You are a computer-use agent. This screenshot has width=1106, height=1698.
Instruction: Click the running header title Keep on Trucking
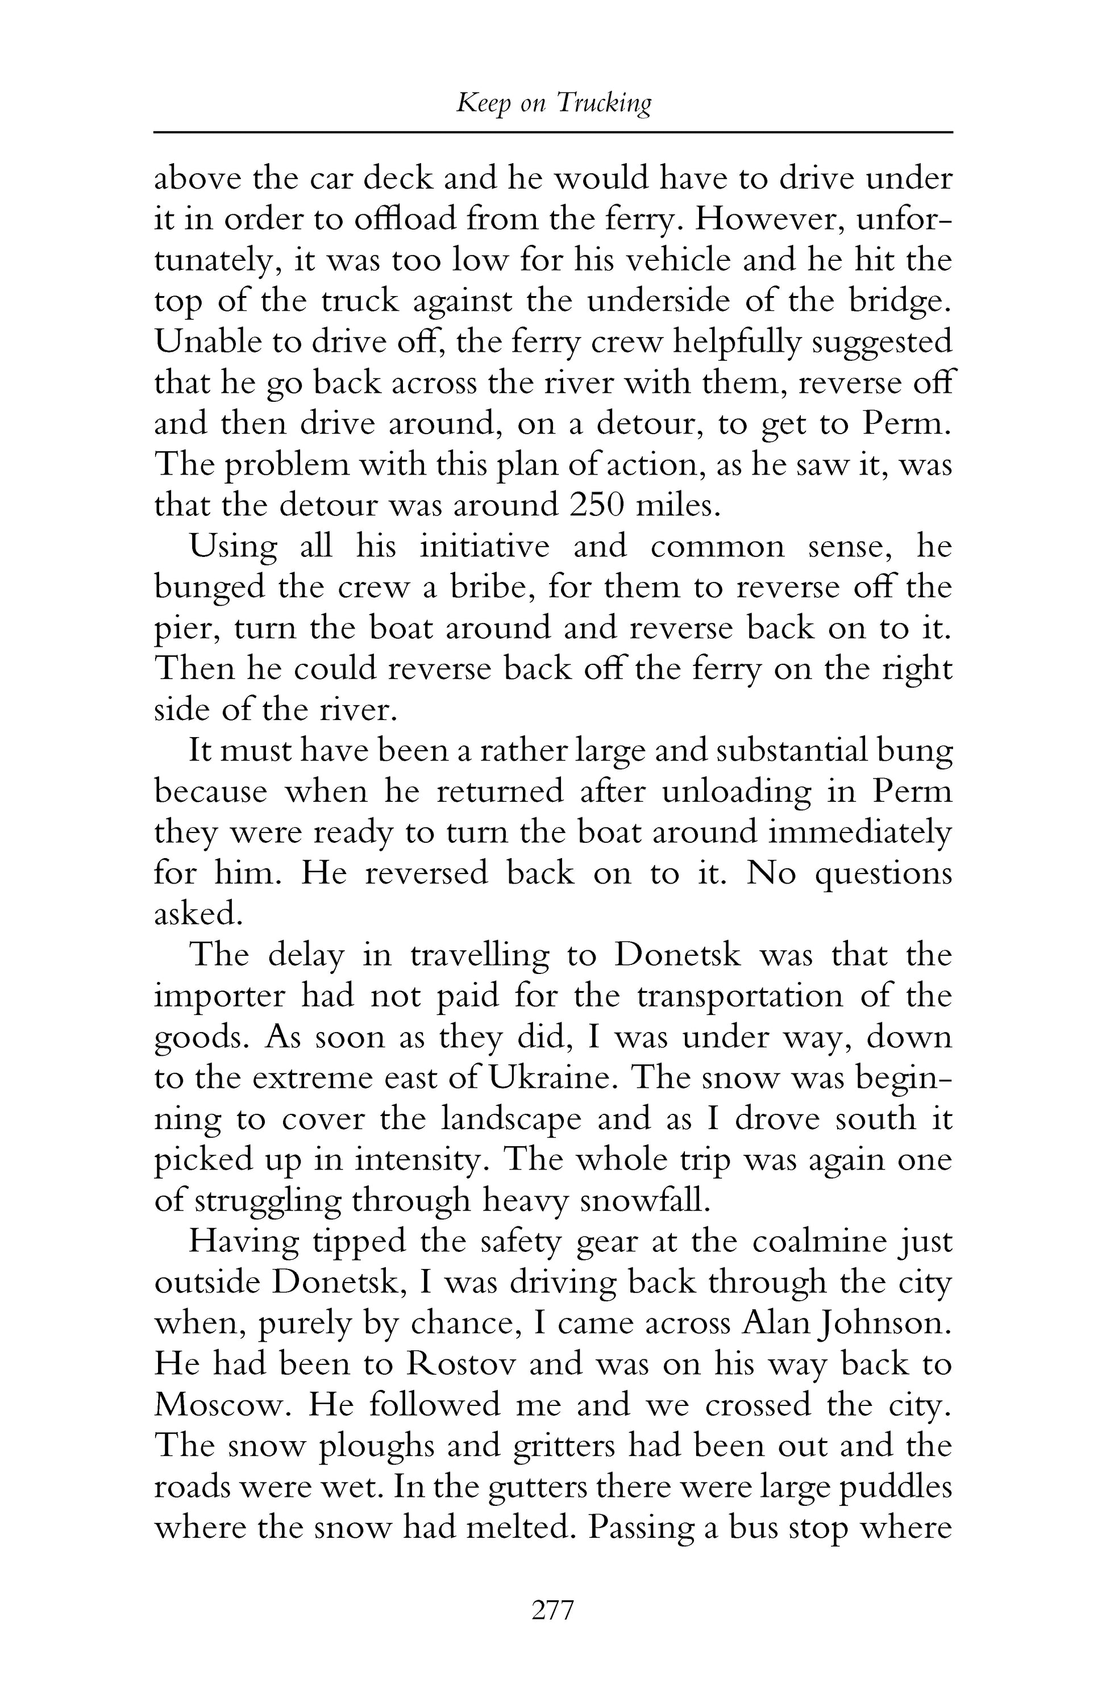tap(553, 104)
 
